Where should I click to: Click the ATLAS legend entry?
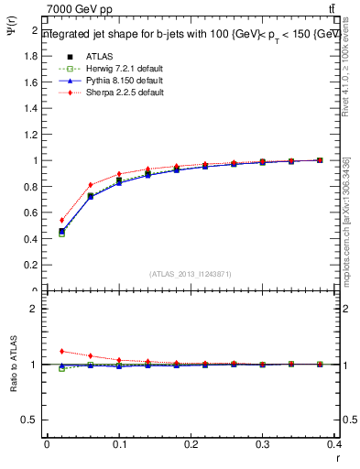(x=98, y=56)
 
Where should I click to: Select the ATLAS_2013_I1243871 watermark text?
(x=191, y=274)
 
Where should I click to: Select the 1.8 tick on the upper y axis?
(x=32, y=56)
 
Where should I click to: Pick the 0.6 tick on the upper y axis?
(x=32, y=213)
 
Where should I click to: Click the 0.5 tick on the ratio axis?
(x=32, y=420)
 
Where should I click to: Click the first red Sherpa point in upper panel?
(x=61, y=220)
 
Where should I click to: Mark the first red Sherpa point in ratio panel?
(x=61, y=351)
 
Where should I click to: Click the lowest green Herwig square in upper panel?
(x=61, y=234)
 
